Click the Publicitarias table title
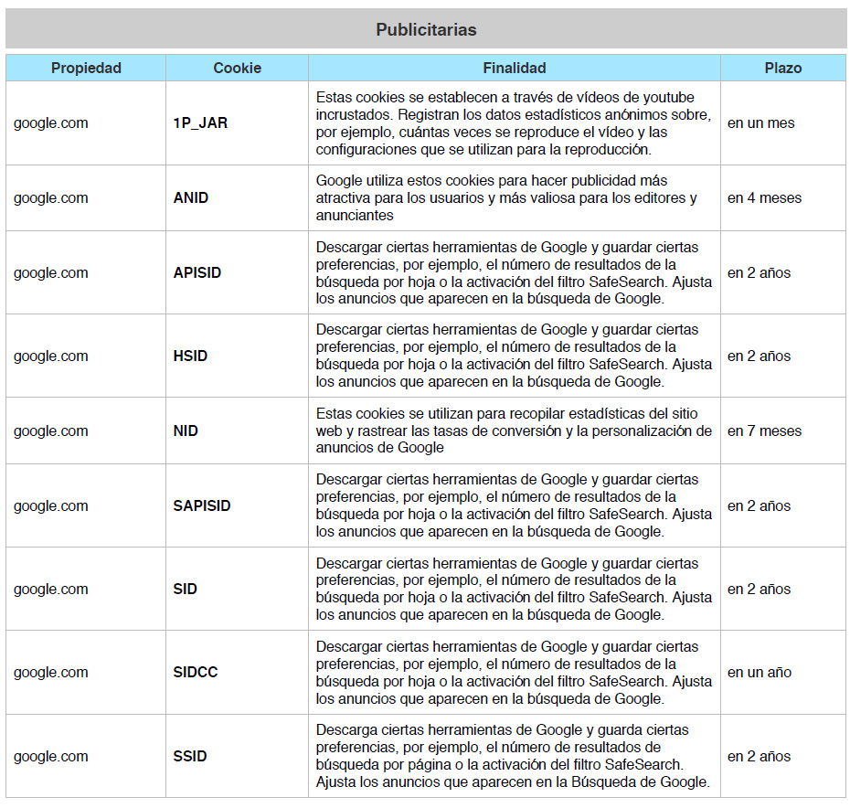(426, 29)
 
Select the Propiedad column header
(86, 68)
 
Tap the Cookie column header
(237, 68)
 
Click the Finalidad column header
(515, 68)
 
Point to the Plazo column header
(782, 68)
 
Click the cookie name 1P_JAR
(200, 123)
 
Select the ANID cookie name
(190, 197)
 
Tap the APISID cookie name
(197, 272)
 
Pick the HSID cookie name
(190, 356)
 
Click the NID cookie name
(186, 431)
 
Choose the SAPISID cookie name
(202, 506)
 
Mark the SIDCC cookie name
(195, 673)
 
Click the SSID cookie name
(190, 757)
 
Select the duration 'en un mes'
(760, 123)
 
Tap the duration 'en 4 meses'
(764, 197)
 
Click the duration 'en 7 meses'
(764, 431)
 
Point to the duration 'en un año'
(759, 673)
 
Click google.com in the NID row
(51, 431)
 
